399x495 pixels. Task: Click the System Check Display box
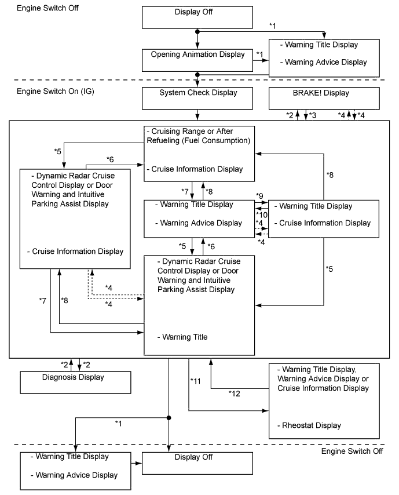pyautogui.click(x=198, y=99)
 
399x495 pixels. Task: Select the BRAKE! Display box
pyautogui.click(x=323, y=99)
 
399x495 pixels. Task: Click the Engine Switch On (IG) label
pyautogui.click(x=53, y=93)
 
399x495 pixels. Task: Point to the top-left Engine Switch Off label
pyautogui.click(x=48, y=9)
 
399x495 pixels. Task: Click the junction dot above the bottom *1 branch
pyautogui.click(x=169, y=417)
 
